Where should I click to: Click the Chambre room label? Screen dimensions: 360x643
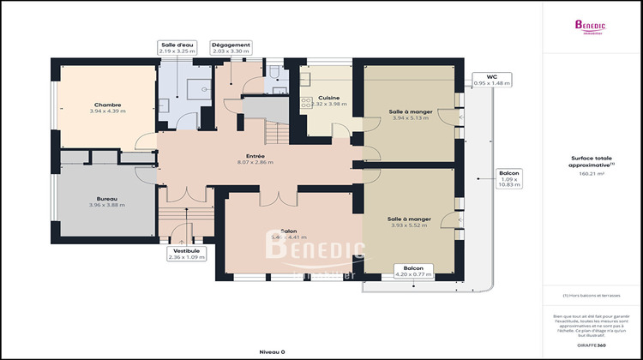pyautogui.click(x=107, y=105)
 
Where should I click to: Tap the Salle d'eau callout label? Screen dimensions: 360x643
pyautogui.click(x=177, y=44)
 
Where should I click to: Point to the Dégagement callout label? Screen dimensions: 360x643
pyautogui.click(x=231, y=44)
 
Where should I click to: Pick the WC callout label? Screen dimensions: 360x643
pyautogui.click(x=491, y=77)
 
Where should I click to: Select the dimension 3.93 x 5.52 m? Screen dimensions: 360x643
pyautogui.click(x=408, y=225)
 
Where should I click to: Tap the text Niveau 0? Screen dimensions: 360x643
pyautogui.click(x=272, y=351)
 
